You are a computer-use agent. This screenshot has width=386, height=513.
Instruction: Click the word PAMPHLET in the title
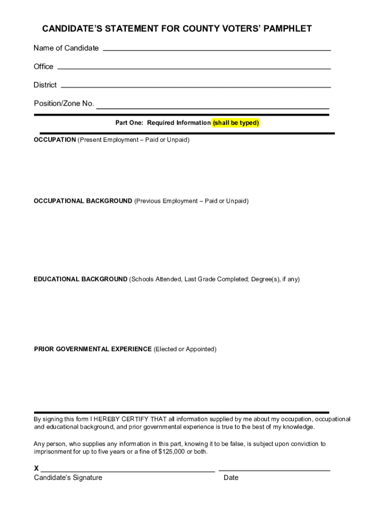[x=285, y=29]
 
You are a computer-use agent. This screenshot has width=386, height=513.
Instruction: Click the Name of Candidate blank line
[x=217, y=50]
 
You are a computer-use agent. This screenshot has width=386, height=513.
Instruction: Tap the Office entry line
[x=194, y=68]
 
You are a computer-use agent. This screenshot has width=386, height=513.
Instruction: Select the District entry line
[x=196, y=87]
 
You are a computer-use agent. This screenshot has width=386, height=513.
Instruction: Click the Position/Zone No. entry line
[x=213, y=108]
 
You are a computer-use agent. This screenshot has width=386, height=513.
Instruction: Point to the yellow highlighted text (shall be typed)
[x=236, y=123]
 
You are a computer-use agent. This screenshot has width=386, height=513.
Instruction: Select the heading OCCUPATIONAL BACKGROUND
[x=83, y=201]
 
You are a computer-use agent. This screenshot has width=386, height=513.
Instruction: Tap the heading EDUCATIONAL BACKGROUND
[x=80, y=279]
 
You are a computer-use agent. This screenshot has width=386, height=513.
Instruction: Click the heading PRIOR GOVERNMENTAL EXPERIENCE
[x=93, y=349]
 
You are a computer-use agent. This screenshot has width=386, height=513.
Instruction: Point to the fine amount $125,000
[x=172, y=452]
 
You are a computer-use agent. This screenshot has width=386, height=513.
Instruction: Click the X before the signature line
[x=37, y=469]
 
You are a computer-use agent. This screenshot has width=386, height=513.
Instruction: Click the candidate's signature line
[x=128, y=471]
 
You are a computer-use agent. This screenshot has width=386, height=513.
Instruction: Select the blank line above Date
[x=274, y=470]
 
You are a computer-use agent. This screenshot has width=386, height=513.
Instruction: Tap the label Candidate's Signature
[x=68, y=478]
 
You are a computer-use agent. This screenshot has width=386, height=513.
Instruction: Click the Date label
[x=231, y=478]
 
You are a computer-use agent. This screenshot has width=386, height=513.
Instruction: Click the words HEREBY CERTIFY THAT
[x=130, y=419]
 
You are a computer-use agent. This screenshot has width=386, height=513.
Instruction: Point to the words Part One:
[x=130, y=123]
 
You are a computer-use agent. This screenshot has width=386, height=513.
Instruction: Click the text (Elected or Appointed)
[x=185, y=349]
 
